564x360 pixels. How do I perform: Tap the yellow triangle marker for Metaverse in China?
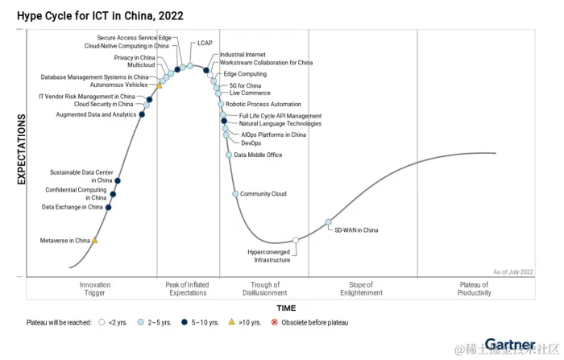pyautogui.click(x=95, y=240)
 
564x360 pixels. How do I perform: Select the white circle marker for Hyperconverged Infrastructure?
pyautogui.click(x=296, y=240)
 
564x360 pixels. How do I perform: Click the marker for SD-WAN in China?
pyautogui.click(x=328, y=222)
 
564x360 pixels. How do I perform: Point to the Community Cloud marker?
pyautogui.click(x=235, y=194)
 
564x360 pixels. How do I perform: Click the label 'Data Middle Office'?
pyautogui.click(x=258, y=155)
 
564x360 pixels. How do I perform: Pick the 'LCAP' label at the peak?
pyautogui.click(x=205, y=43)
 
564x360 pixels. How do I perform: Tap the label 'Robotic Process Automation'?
pyautogui.click(x=263, y=104)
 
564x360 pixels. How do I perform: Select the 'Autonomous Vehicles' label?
pyautogui.click(x=118, y=85)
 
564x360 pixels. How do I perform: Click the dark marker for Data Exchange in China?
pyautogui.click(x=109, y=207)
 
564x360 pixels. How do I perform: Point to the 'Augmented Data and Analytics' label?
pyautogui.click(x=96, y=114)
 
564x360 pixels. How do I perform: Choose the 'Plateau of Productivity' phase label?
pyautogui.click(x=474, y=288)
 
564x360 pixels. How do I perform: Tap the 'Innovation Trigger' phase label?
pyautogui.click(x=95, y=288)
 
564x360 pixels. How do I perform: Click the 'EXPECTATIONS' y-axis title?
pyautogui.click(x=23, y=149)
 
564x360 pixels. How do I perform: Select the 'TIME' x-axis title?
pyautogui.click(x=286, y=308)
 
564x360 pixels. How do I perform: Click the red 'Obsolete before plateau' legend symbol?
pyautogui.click(x=274, y=322)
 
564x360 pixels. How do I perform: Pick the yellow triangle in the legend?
pyautogui.click(x=232, y=322)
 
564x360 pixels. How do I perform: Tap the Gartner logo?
pyautogui.click(x=510, y=345)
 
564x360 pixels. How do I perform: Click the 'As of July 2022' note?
pyautogui.click(x=513, y=272)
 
